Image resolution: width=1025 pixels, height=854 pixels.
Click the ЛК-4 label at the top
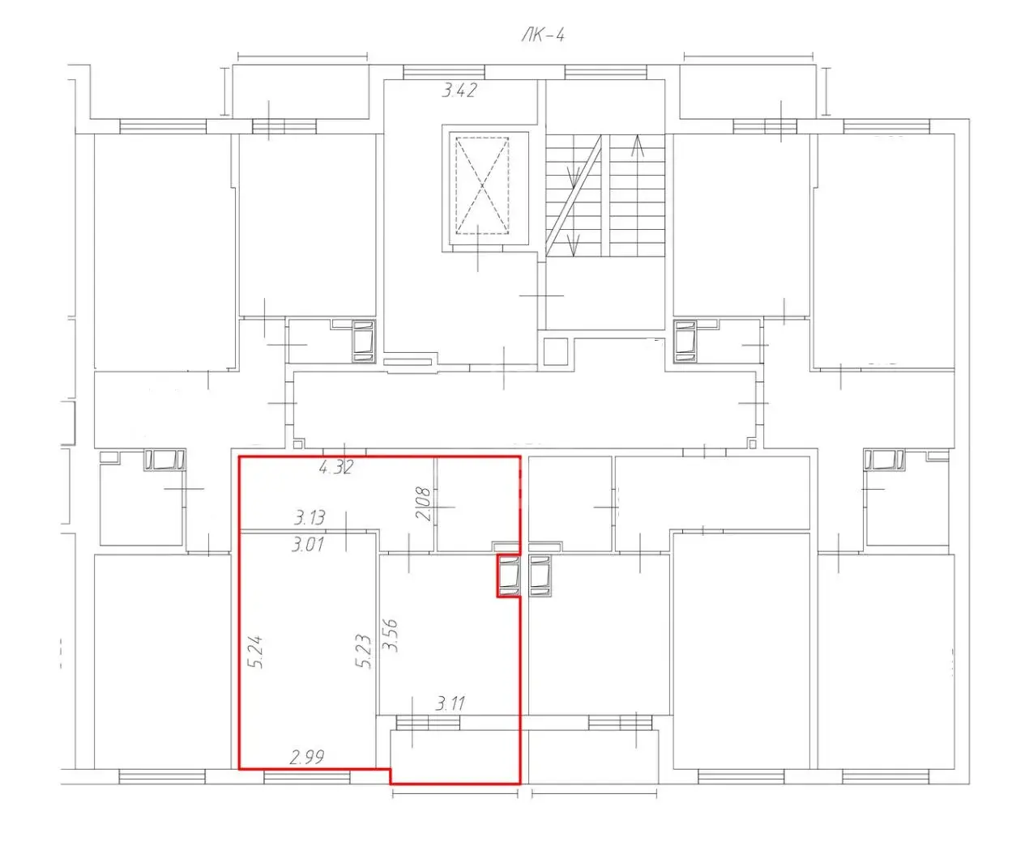tap(542, 36)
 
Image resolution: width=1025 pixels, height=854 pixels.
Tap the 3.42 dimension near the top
tap(459, 91)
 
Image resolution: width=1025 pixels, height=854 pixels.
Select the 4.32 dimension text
tap(336, 467)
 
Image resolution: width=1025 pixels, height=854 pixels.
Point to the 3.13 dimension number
tap(310, 518)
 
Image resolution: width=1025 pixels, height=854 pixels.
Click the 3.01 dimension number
tap(308, 545)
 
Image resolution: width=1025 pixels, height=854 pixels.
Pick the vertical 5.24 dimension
tap(256, 652)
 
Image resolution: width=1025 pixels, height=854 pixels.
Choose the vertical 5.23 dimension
tap(364, 652)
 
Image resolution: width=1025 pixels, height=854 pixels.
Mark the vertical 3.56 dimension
tap(391, 635)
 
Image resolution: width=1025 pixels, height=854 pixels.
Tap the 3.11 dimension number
tap(450, 704)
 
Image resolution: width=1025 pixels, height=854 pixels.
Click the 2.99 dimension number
tap(307, 758)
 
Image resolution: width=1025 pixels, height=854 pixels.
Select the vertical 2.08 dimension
tap(423, 503)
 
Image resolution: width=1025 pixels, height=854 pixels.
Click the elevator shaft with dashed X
tap(482, 186)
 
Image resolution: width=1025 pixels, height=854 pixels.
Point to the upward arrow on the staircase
tap(637, 146)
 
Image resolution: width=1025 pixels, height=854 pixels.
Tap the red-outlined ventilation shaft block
tap(509, 576)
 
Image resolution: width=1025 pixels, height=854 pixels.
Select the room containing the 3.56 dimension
tap(450, 635)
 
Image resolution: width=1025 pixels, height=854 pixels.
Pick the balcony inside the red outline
tap(455, 756)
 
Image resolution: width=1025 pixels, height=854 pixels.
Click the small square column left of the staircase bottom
tap(556, 351)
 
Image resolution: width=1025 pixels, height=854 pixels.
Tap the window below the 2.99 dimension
tap(307, 777)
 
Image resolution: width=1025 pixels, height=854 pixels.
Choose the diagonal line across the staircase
tap(574, 195)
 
